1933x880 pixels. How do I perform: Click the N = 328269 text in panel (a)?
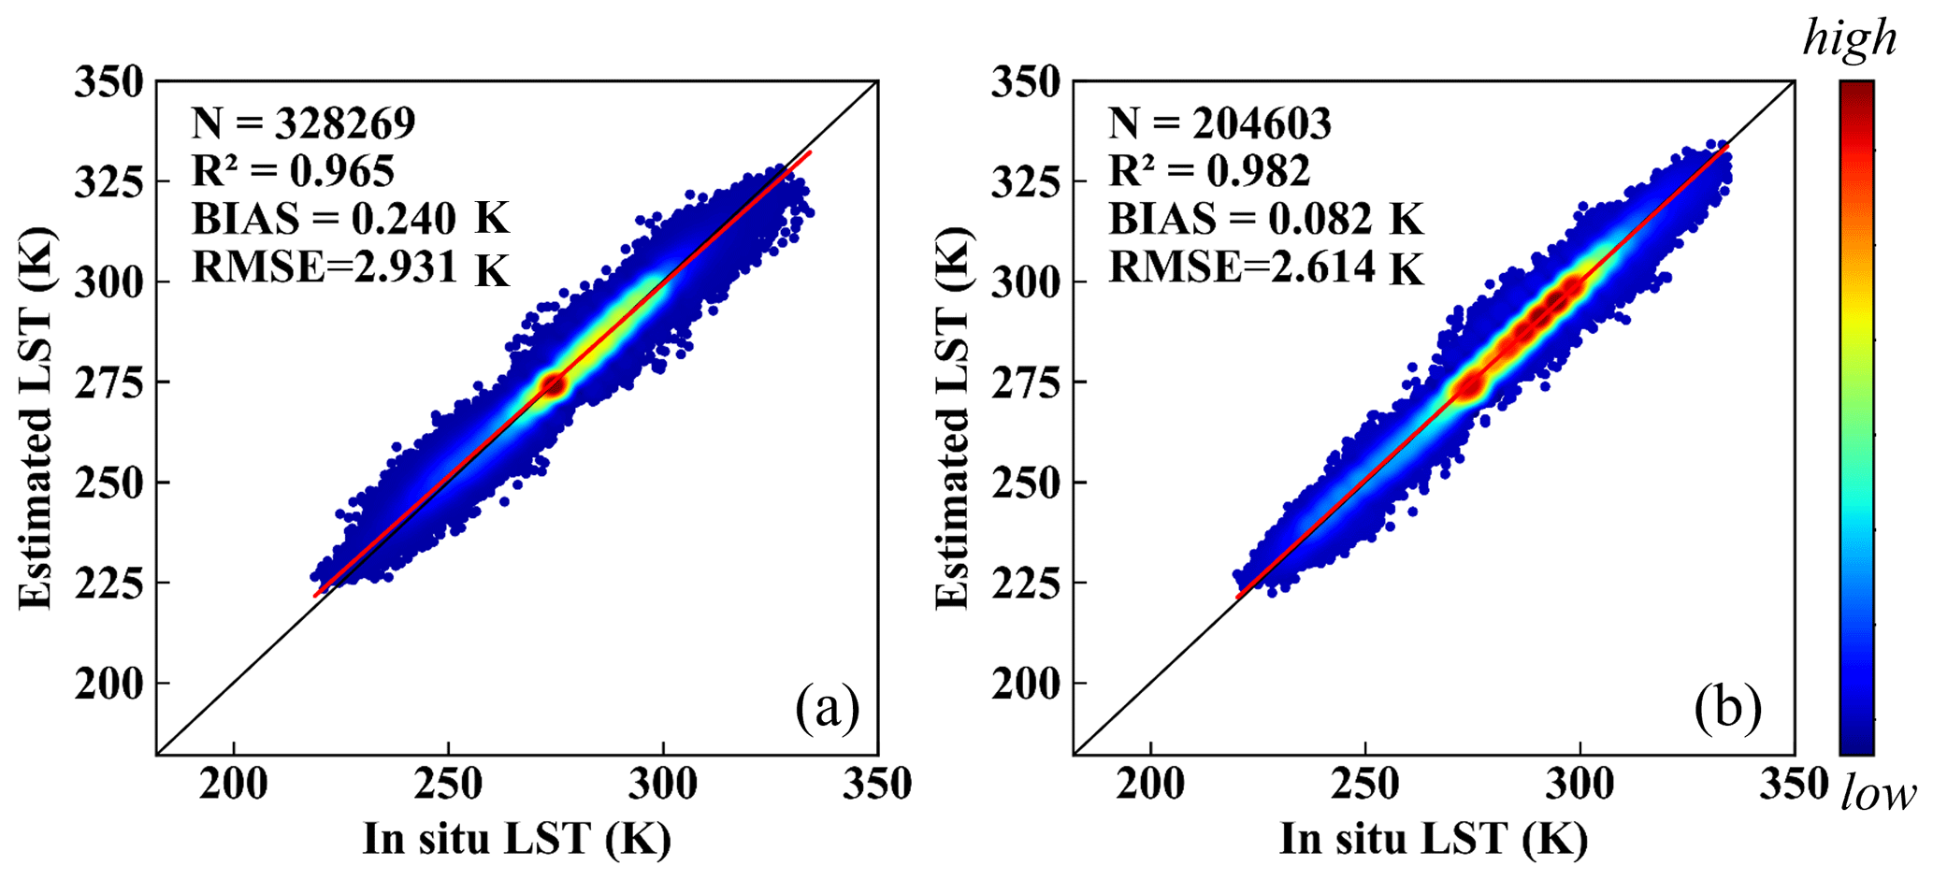[303, 123]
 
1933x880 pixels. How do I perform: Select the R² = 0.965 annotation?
[293, 170]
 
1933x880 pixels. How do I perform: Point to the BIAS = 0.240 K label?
[351, 219]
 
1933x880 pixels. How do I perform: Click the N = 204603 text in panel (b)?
[1219, 123]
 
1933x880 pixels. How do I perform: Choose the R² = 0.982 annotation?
[1209, 170]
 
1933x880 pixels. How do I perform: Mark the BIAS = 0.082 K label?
[1266, 219]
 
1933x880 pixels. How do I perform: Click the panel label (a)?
[827, 708]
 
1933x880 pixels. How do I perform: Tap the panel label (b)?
[1728, 708]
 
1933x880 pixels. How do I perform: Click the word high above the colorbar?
[1849, 39]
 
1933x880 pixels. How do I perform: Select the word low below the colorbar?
[1877, 795]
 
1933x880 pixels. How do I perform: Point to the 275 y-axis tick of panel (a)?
[109, 382]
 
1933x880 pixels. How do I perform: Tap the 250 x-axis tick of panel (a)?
[448, 784]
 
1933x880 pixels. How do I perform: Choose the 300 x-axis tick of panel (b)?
[1580, 784]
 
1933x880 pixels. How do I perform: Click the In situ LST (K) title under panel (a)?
[516, 839]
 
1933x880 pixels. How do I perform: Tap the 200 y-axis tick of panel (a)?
[109, 684]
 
